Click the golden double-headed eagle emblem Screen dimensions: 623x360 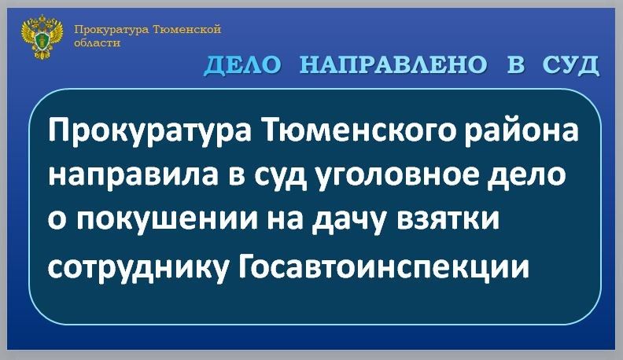(x=42, y=37)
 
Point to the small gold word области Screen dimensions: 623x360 (x=98, y=42)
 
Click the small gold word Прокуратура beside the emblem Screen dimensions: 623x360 (x=112, y=30)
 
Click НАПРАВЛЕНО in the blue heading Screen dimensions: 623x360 (x=393, y=64)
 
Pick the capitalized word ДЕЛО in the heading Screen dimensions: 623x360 (x=243, y=64)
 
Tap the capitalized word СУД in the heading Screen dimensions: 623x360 (x=571, y=64)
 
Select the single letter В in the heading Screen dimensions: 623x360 (x=515, y=64)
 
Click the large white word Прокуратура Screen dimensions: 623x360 (x=149, y=131)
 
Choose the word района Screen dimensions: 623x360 (x=523, y=131)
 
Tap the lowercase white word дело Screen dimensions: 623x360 (x=526, y=175)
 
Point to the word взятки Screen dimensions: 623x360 (x=448, y=219)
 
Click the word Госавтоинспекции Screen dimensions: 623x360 (x=383, y=264)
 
